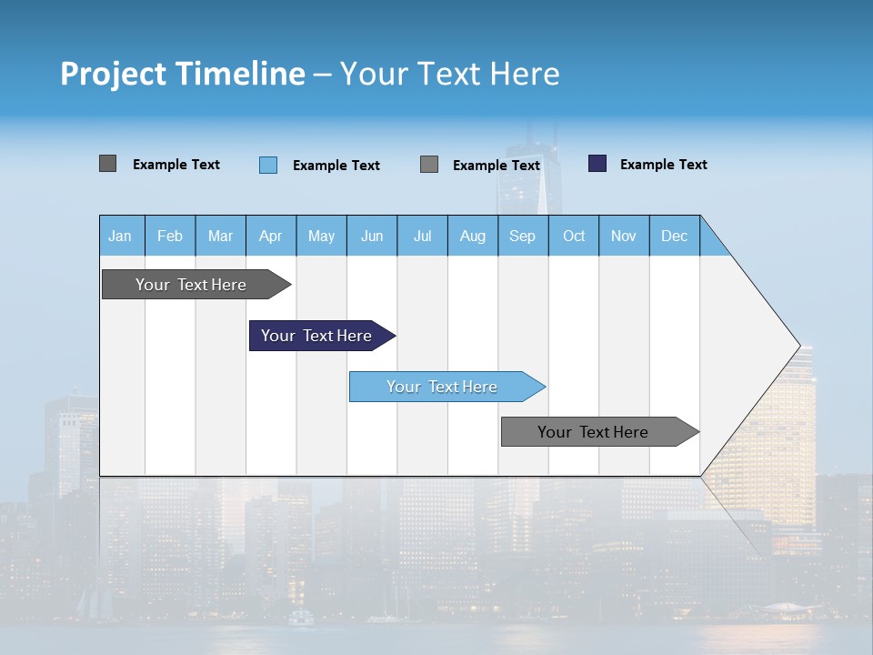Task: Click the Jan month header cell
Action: (121, 236)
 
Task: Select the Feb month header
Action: (170, 236)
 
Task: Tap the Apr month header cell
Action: (271, 236)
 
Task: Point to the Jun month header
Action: (372, 236)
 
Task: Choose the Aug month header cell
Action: (473, 236)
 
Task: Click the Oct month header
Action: (574, 236)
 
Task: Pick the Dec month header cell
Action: (675, 236)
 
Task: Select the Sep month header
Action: (523, 236)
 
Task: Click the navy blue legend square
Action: (597, 164)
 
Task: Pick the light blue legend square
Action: (268, 165)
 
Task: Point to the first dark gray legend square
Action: (107, 164)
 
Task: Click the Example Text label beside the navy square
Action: (663, 164)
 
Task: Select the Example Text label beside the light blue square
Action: (336, 165)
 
